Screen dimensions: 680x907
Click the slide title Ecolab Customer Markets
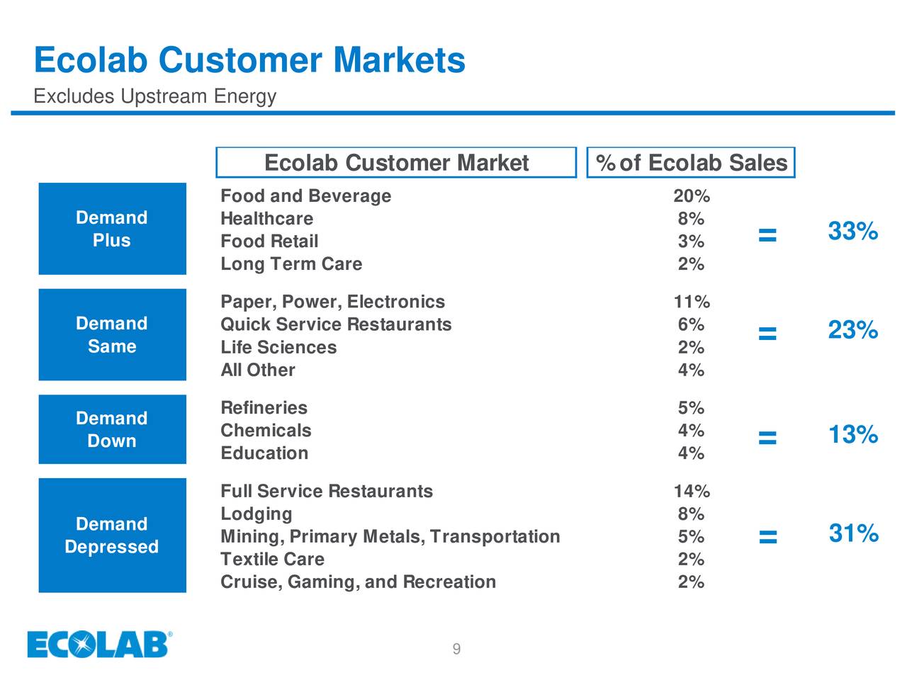point(249,59)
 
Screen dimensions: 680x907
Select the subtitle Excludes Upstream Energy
point(154,96)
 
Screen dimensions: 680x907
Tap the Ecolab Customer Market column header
point(396,163)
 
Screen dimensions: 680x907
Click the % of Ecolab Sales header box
point(691,163)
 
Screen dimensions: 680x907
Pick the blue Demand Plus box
point(112,229)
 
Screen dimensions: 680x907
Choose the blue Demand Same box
point(112,334)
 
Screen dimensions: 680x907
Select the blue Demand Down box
point(112,429)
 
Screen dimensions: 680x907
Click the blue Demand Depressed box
point(112,535)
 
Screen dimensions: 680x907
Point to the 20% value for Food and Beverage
point(691,196)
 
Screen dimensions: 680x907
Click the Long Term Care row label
point(291,264)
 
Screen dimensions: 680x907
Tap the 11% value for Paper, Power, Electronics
point(691,302)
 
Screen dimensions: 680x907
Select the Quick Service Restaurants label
point(336,324)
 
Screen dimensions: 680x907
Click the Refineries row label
point(264,408)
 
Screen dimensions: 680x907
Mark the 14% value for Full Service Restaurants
point(691,492)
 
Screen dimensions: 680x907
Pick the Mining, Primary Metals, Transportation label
point(390,537)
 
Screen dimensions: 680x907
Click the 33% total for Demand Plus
point(853,232)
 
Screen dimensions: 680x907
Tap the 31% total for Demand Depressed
point(853,533)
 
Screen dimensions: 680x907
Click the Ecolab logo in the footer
point(100,645)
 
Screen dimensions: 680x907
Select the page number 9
point(456,650)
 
